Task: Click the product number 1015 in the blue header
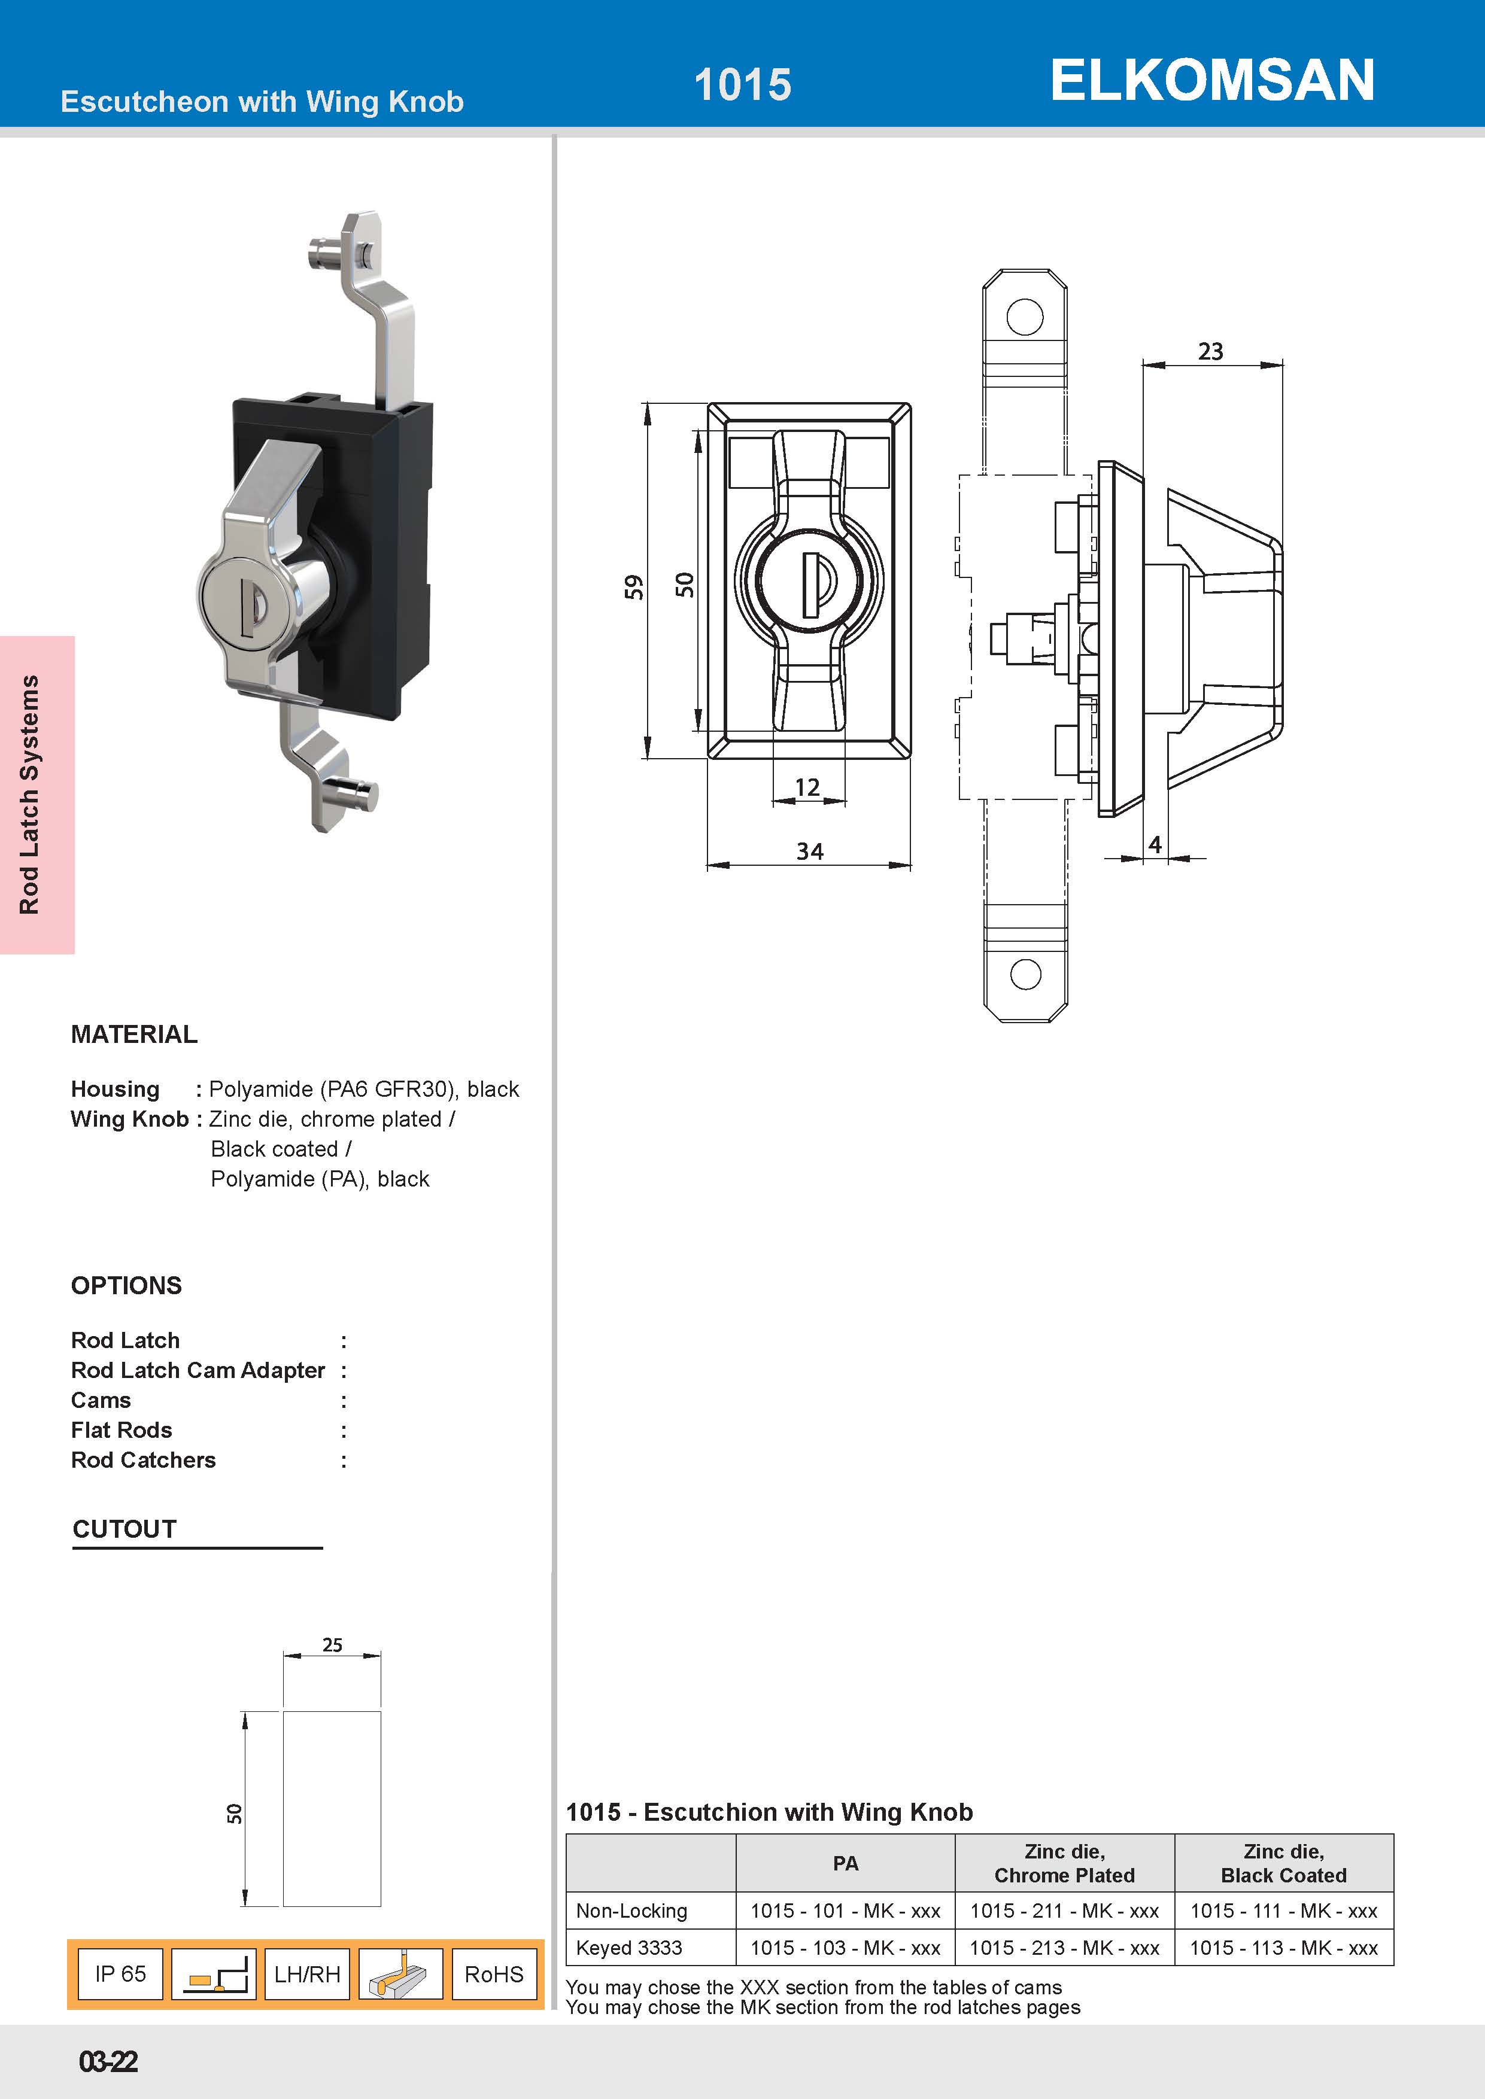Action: pyautogui.click(x=742, y=85)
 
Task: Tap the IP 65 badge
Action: pyautogui.click(x=121, y=1974)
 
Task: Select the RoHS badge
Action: pyautogui.click(x=494, y=1975)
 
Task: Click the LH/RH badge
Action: pyautogui.click(x=307, y=1975)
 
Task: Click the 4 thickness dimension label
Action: pyautogui.click(x=1155, y=845)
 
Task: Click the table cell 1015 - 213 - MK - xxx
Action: pyautogui.click(x=1064, y=1947)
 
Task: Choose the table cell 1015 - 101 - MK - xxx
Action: pyautogui.click(x=845, y=1911)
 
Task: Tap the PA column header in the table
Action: pyautogui.click(x=845, y=1863)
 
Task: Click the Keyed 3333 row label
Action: pyautogui.click(x=629, y=1947)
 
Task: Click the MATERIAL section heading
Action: pyautogui.click(x=135, y=1034)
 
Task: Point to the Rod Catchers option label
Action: pyautogui.click(x=144, y=1460)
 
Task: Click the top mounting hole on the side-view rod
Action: pyautogui.click(x=1024, y=317)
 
